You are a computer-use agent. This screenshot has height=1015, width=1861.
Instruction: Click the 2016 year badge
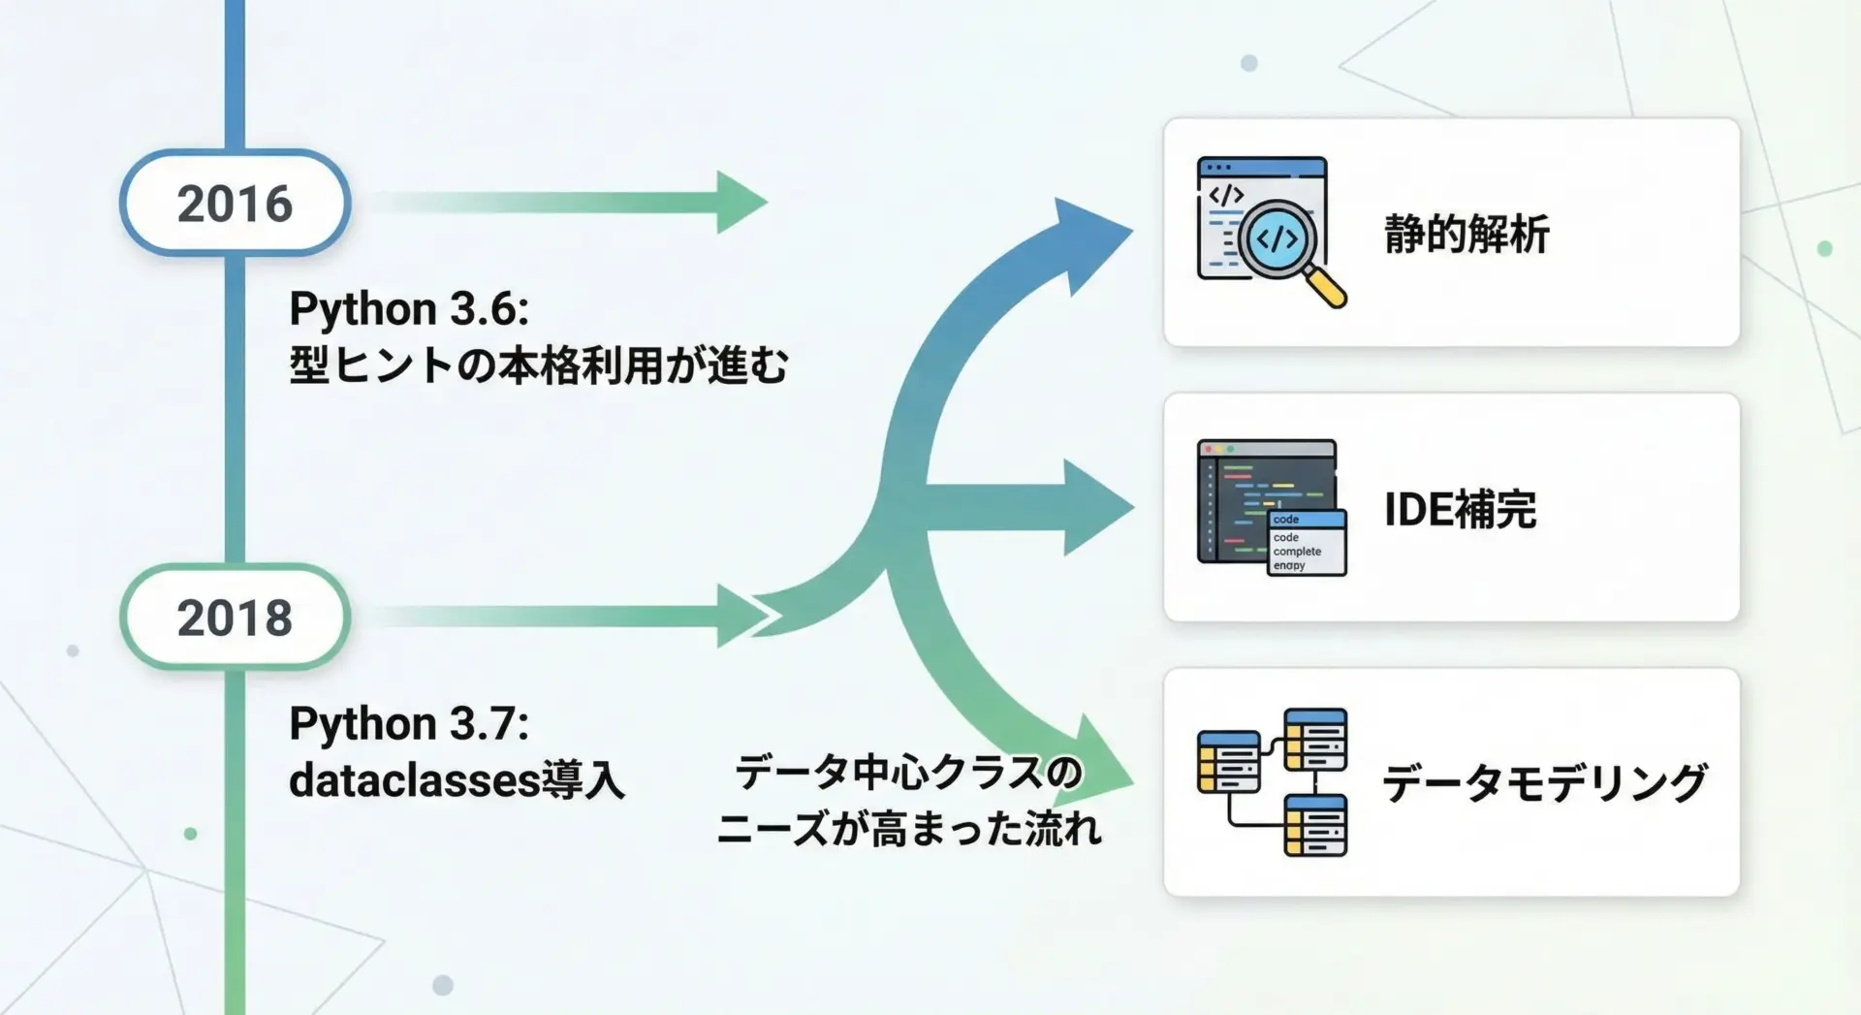coord(235,203)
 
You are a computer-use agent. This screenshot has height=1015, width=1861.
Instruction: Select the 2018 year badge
coord(235,617)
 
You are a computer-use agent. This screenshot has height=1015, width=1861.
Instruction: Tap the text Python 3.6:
coord(409,310)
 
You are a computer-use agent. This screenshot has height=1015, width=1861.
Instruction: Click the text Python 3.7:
coord(409,724)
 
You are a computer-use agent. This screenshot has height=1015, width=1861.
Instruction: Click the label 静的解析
coord(1467,234)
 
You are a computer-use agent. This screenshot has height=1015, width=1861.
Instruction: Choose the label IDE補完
coord(1460,509)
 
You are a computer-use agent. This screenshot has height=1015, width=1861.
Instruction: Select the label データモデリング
coord(1545,783)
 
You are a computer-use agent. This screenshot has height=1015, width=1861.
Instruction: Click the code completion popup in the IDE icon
coord(1307,543)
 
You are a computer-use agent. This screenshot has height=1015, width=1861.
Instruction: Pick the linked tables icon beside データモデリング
coord(1273,782)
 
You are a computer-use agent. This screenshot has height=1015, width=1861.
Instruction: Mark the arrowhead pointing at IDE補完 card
coord(1098,507)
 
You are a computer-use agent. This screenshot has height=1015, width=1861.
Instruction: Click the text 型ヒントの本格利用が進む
coord(539,365)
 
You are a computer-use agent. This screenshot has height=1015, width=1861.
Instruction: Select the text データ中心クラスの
coord(908,773)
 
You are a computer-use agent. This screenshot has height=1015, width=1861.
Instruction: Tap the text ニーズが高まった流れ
coord(909,829)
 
